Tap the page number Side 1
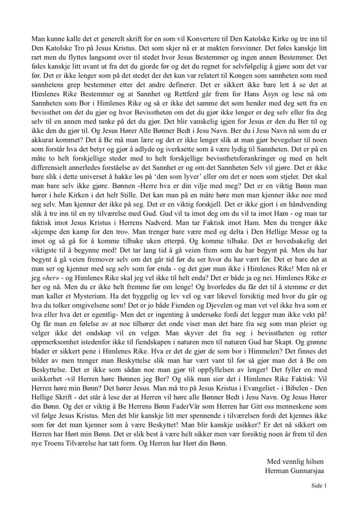pos(319,485)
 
